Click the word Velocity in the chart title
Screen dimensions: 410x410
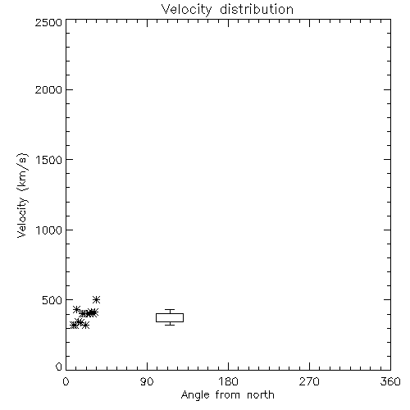(x=186, y=10)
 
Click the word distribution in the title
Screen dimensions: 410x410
(x=257, y=9)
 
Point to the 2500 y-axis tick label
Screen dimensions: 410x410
(x=48, y=22)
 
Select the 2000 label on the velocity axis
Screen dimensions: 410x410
(x=48, y=89)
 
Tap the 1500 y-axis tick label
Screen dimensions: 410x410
(x=49, y=160)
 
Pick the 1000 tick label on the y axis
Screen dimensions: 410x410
(x=49, y=230)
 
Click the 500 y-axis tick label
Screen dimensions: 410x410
(x=52, y=300)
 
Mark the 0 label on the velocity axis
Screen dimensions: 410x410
(x=59, y=367)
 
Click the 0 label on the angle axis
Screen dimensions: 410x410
(x=66, y=381)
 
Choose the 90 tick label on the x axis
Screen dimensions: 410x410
(x=147, y=381)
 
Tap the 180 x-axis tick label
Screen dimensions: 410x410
(x=228, y=381)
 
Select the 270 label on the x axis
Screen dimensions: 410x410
(x=309, y=381)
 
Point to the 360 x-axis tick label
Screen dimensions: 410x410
(x=390, y=381)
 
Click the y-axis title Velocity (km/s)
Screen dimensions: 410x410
(x=22, y=195)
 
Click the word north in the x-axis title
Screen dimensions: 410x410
(x=261, y=395)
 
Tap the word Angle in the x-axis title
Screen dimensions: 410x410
(x=195, y=395)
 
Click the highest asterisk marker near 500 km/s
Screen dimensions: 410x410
(x=96, y=299)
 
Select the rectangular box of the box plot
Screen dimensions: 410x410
(x=170, y=313)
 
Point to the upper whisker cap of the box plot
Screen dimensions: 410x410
(x=170, y=309)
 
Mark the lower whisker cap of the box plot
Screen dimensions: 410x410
(x=170, y=325)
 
